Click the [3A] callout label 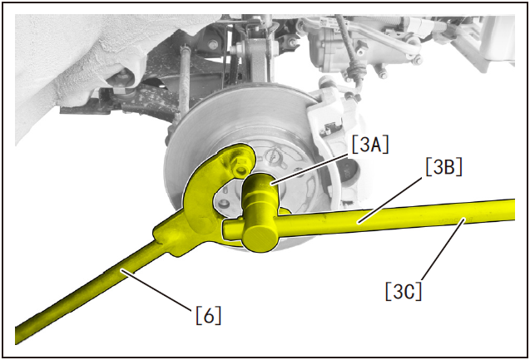370,144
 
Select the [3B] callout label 443,166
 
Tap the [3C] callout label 404,291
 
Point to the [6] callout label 209,315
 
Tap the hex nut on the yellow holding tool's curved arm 241,165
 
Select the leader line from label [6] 158,289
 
